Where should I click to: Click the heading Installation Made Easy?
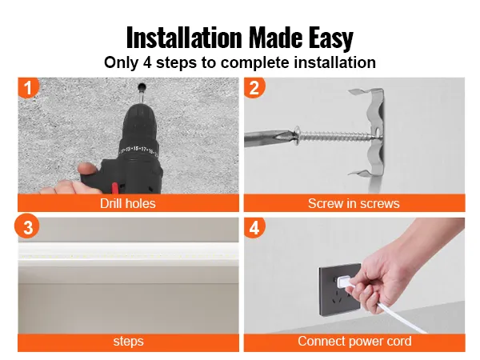(239, 37)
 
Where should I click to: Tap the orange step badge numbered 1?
(29, 88)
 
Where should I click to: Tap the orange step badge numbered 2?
(254, 88)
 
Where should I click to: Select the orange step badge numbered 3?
(29, 227)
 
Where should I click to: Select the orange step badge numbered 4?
(254, 227)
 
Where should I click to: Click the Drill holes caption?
(128, 204)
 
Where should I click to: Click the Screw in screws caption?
(354, 204)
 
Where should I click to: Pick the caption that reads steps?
(128, 342)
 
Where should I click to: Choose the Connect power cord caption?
(354, 342)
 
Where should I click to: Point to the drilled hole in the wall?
(142, 85)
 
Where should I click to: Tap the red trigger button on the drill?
(114, 188)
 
